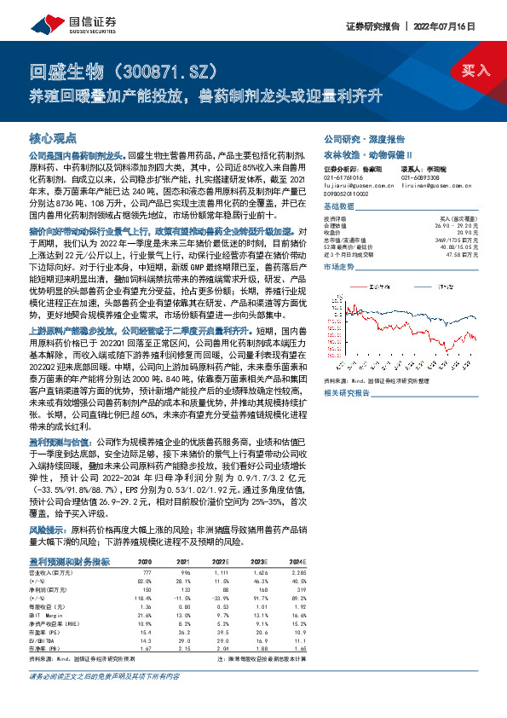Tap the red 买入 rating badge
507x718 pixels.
(x=475, y=70)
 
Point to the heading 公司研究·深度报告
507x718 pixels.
(x=356, y=137)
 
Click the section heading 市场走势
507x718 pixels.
(x=340, y=267)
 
